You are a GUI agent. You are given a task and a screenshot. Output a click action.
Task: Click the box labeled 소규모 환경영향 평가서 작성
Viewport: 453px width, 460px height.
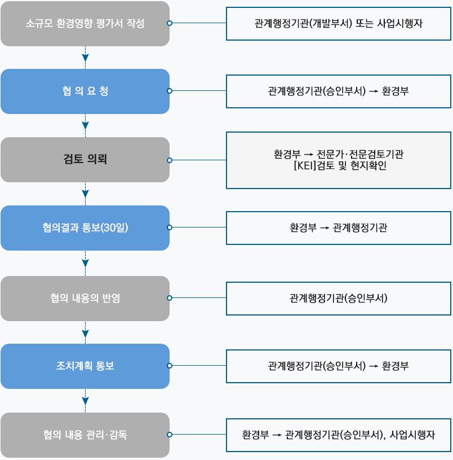click(85, 24)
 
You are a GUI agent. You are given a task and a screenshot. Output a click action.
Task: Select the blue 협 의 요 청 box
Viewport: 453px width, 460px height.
click(85, 91)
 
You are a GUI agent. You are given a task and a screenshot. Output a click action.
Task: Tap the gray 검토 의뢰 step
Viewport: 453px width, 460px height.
click(85, 160)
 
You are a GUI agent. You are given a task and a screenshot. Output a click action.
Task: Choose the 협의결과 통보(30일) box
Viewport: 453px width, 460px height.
click(85, 228)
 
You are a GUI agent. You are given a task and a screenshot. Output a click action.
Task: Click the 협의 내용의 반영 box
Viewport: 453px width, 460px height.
click(85, 298)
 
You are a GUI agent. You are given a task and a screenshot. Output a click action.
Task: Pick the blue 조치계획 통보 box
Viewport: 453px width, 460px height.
click(85, 366)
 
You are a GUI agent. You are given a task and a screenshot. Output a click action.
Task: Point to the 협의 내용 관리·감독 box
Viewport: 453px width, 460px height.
click(85, 435)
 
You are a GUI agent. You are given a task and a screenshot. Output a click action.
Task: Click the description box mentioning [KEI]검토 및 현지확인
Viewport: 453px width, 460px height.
click(338, 160)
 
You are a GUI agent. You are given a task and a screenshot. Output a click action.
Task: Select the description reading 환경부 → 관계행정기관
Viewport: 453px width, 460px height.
click(338, 228)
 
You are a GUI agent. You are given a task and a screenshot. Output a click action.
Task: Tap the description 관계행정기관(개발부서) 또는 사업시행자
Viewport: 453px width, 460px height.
click(338, 24)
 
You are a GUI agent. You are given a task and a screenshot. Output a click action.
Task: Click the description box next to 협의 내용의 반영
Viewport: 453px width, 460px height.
click(338, 298)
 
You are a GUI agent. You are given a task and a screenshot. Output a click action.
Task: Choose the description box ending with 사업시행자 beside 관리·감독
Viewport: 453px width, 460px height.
click(338, 435)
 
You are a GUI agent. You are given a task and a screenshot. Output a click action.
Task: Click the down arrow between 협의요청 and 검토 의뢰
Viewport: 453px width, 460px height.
click(85, 125)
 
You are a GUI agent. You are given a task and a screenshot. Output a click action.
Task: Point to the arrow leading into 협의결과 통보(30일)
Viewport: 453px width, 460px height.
click(85, 194)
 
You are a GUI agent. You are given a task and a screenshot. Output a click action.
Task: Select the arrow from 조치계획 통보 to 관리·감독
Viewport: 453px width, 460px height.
click(85, 401)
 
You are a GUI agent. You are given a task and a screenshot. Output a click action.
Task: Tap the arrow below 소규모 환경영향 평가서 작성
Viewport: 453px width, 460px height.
click(85, 57)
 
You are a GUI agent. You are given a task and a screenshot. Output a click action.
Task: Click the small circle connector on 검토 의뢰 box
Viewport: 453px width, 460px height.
click(170, 160)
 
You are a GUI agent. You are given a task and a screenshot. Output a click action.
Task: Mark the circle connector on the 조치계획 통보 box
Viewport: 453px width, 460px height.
click(170, 366)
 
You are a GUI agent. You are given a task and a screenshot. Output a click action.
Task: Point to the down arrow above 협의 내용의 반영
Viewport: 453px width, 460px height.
click(85, 263)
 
